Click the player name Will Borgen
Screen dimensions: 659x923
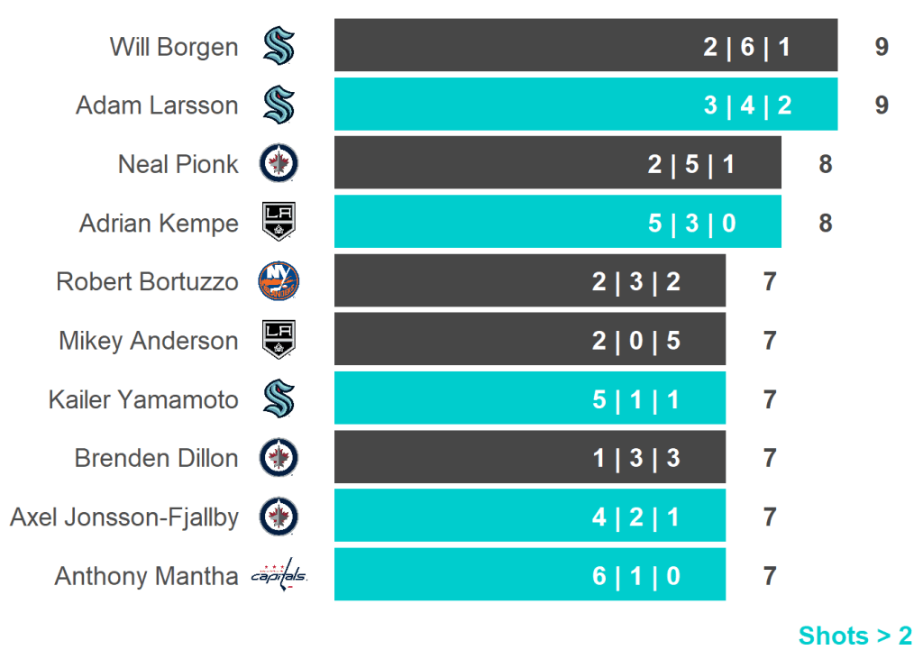pos(174,47)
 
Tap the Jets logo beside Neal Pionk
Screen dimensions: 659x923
pos(279,164)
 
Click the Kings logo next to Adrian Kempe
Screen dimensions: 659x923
pos(279,223)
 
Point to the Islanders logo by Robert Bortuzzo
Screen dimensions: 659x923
pos(279,281)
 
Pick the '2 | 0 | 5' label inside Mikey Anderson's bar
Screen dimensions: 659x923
pos(636,341)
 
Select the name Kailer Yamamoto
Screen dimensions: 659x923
pos(143,399)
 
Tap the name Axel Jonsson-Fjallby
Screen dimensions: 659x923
pos(124,517)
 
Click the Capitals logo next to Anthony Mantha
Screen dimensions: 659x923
pos(279,575)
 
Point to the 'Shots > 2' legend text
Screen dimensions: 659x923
pos(855,636)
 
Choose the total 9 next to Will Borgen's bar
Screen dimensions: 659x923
pos(882,47)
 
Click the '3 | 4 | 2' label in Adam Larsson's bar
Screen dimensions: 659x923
pos(747,105)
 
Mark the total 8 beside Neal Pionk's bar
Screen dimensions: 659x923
pos(825,164)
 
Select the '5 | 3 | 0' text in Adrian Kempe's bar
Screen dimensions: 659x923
pos(691,223)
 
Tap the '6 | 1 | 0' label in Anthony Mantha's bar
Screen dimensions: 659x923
pos(636,576)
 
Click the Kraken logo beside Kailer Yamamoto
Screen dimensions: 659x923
pos(279,399)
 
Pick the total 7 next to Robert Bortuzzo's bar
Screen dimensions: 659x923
pos(769,281)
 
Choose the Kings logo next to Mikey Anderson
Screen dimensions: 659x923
pos(279,340)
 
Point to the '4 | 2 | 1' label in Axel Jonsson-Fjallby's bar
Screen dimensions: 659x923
pos(636,517)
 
